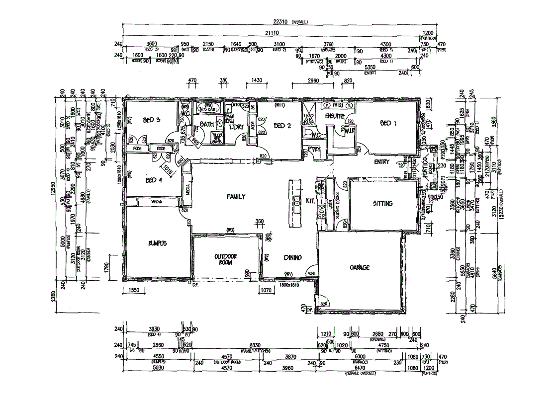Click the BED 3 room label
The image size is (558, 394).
pos(151,120)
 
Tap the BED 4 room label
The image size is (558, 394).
pos(151,180)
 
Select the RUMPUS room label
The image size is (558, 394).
pos(156,243)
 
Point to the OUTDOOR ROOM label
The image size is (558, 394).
pos(227,259)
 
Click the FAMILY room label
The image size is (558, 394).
pos(236,197)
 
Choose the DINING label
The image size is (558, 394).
pos(292,257)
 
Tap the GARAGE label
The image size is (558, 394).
pos(359,267)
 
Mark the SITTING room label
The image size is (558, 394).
pos(382,203)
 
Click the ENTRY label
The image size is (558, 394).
pos(382,161)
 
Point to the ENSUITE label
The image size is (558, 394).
pos(335,116)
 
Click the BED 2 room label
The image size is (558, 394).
pos(282,126)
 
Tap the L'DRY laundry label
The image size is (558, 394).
pos(235,127)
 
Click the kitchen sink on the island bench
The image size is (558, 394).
pos(296,201)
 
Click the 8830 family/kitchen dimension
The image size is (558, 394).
pos(255,345)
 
